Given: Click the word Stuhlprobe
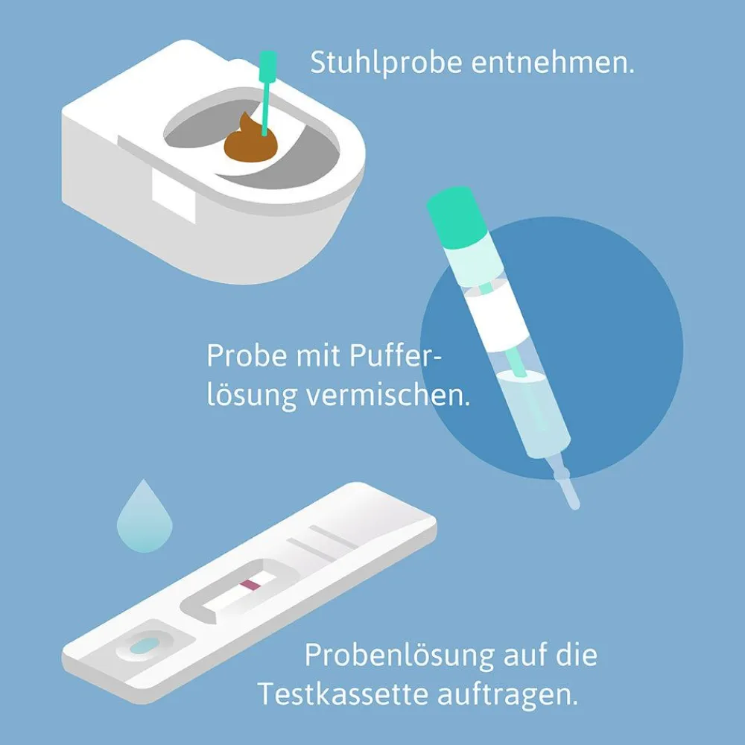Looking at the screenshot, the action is pos(386,63).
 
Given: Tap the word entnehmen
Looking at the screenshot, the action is pos(553,63).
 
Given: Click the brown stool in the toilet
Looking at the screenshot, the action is pos(250,142).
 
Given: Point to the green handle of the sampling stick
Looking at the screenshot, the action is pos(268,66).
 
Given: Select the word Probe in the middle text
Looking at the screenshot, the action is pos(247,355).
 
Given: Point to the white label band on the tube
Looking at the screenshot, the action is pos(495,318).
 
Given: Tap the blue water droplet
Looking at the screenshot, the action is pos(145,518).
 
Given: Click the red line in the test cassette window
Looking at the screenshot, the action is pos(250,585).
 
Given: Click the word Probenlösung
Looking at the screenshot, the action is pos(399,656).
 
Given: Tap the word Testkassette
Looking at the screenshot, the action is pos(343,694).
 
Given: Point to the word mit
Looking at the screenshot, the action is pos(318,355).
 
